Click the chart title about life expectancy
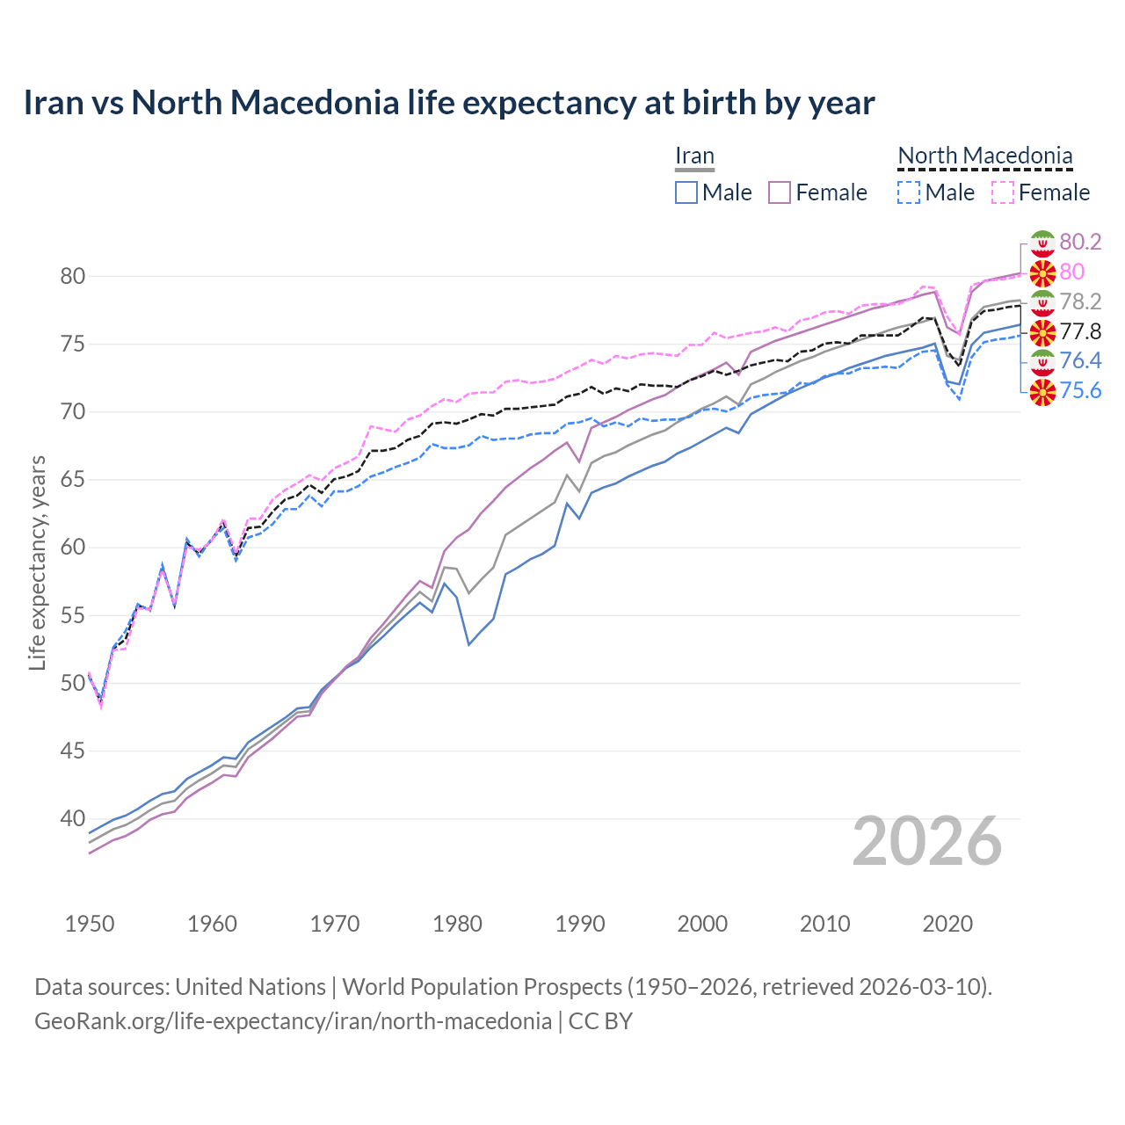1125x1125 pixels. point(448,103)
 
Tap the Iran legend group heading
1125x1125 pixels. point(694,156)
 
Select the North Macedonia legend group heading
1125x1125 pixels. point(984,156)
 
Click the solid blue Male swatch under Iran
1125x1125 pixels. point(686,192)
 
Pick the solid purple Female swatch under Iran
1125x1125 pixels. point(780,192)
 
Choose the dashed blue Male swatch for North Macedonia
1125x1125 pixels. point(909,192)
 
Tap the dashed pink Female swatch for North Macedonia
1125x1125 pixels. point(1003,192)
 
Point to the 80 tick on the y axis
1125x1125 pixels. point(73,276)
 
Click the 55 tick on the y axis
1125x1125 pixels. point(73,615)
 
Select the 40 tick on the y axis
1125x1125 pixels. point(73,819)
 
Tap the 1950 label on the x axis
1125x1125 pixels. point(90,924)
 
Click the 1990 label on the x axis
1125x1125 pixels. point(580,924)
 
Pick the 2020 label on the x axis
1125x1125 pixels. point(947,924)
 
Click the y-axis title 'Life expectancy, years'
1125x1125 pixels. point(37,562)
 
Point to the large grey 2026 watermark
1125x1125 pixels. point(927,841)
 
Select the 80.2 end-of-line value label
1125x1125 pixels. point(1080,242)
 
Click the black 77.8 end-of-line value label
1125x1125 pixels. point(1080,331)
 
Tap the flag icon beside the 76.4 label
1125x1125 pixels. point(1042,361)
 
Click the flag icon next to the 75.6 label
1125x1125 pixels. point(1042,391)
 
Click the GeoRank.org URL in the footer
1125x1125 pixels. point(293,1021)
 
